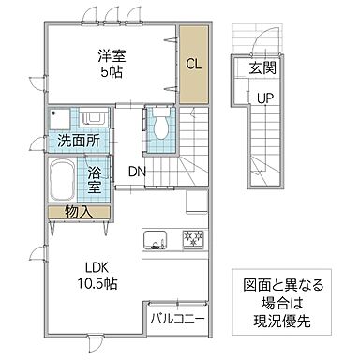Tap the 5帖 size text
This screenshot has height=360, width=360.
tap(110, 73)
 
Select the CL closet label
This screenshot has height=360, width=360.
tap(193, 64)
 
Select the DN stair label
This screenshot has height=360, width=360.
tap(137, 172)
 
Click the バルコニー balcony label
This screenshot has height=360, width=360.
tap(177, 319)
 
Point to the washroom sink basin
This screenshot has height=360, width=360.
tap(94, 120)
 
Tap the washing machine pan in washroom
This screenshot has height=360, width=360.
tap(61, 120)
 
